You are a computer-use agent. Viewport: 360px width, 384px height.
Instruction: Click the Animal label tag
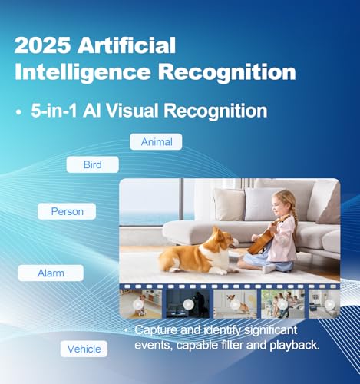(156, 142)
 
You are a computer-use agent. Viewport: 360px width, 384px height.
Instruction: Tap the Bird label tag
(93, 164)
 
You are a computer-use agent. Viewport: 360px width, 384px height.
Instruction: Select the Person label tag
(67, 211)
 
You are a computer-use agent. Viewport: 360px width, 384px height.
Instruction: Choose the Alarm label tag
(51, 273)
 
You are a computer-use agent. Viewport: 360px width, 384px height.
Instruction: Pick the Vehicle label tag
(84, 349)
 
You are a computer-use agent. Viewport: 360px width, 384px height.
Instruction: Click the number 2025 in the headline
(43, 45)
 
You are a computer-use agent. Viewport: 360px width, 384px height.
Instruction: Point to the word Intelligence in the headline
(83, 72)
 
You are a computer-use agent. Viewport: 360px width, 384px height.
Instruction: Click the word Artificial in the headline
(127, 45)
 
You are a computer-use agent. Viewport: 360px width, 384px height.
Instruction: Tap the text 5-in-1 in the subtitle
(54, 111)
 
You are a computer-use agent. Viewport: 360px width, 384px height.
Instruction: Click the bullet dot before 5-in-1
(18, 112)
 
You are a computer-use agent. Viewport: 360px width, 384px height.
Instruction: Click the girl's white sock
(269, 268)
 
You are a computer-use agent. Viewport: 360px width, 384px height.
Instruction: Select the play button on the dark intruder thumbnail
(188, 304)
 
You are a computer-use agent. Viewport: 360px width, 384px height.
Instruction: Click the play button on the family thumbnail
(282, 304)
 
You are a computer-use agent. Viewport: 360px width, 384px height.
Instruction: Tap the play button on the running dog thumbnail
(235, 304)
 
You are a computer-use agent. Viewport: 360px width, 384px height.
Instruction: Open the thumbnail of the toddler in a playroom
(140, 304)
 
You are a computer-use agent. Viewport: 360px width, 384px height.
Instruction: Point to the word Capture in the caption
(156, 330)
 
